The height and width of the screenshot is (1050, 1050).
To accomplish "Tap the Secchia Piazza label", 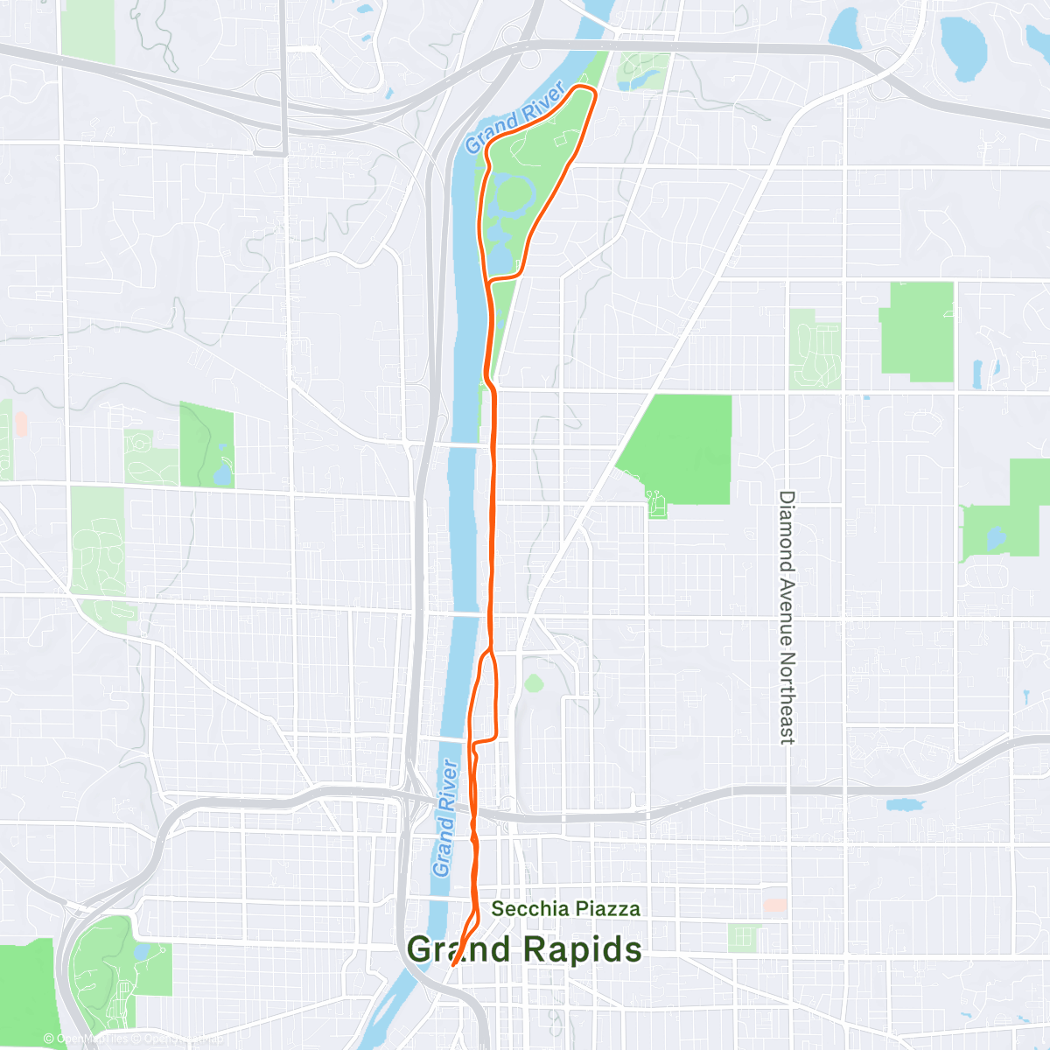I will click(x=565, y=909).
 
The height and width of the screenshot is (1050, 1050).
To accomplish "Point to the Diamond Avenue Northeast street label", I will click(x=787, y=617).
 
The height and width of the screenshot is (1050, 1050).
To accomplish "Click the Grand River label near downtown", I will click(x=445, y=818).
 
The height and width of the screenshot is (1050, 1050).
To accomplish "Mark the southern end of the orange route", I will click(x=453, y=967).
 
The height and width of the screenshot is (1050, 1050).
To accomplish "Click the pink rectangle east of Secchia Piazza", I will click(x=775, y=905).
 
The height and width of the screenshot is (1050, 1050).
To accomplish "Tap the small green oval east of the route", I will click(x=533, y=682).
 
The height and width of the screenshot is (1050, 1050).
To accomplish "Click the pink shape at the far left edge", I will click(x=21, y=425).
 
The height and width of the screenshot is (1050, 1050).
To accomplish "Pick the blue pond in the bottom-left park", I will click(x=142, y=952).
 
